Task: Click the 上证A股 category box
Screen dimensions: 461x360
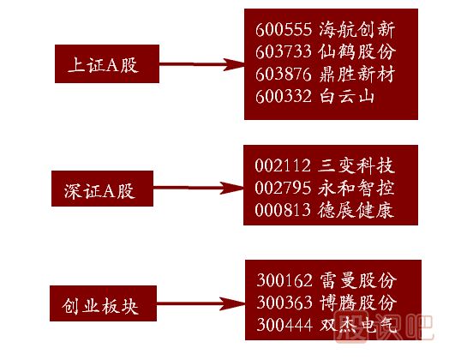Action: [107, 63]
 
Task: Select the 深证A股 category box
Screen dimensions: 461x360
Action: [102, 189]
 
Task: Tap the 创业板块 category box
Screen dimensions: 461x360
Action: [103, 303]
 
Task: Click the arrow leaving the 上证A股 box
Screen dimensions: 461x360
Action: [201, 64]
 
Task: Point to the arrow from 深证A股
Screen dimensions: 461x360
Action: [199, 188]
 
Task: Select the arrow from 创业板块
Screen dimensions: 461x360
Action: [201, 303]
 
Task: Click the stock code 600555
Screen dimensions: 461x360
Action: [284, 30]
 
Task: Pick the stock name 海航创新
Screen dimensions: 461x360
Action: [356, 29]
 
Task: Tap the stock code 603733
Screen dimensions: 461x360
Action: [284, 51]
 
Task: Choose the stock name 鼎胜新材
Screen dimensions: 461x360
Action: [356, 74]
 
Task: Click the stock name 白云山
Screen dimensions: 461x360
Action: [347, 96]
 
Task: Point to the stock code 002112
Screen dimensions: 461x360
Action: [283, 165]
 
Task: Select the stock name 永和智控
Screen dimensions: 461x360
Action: [356, 188]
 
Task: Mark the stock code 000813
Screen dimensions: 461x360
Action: [283, 210]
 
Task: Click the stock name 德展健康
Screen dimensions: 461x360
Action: [356, 210]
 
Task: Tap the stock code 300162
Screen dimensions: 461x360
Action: [284, 280]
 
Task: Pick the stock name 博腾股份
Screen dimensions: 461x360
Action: [358, 303]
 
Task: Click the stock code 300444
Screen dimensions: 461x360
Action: [284, 325]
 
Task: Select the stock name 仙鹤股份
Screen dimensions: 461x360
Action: [356, 51]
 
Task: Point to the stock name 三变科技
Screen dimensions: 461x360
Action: [356, 165]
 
